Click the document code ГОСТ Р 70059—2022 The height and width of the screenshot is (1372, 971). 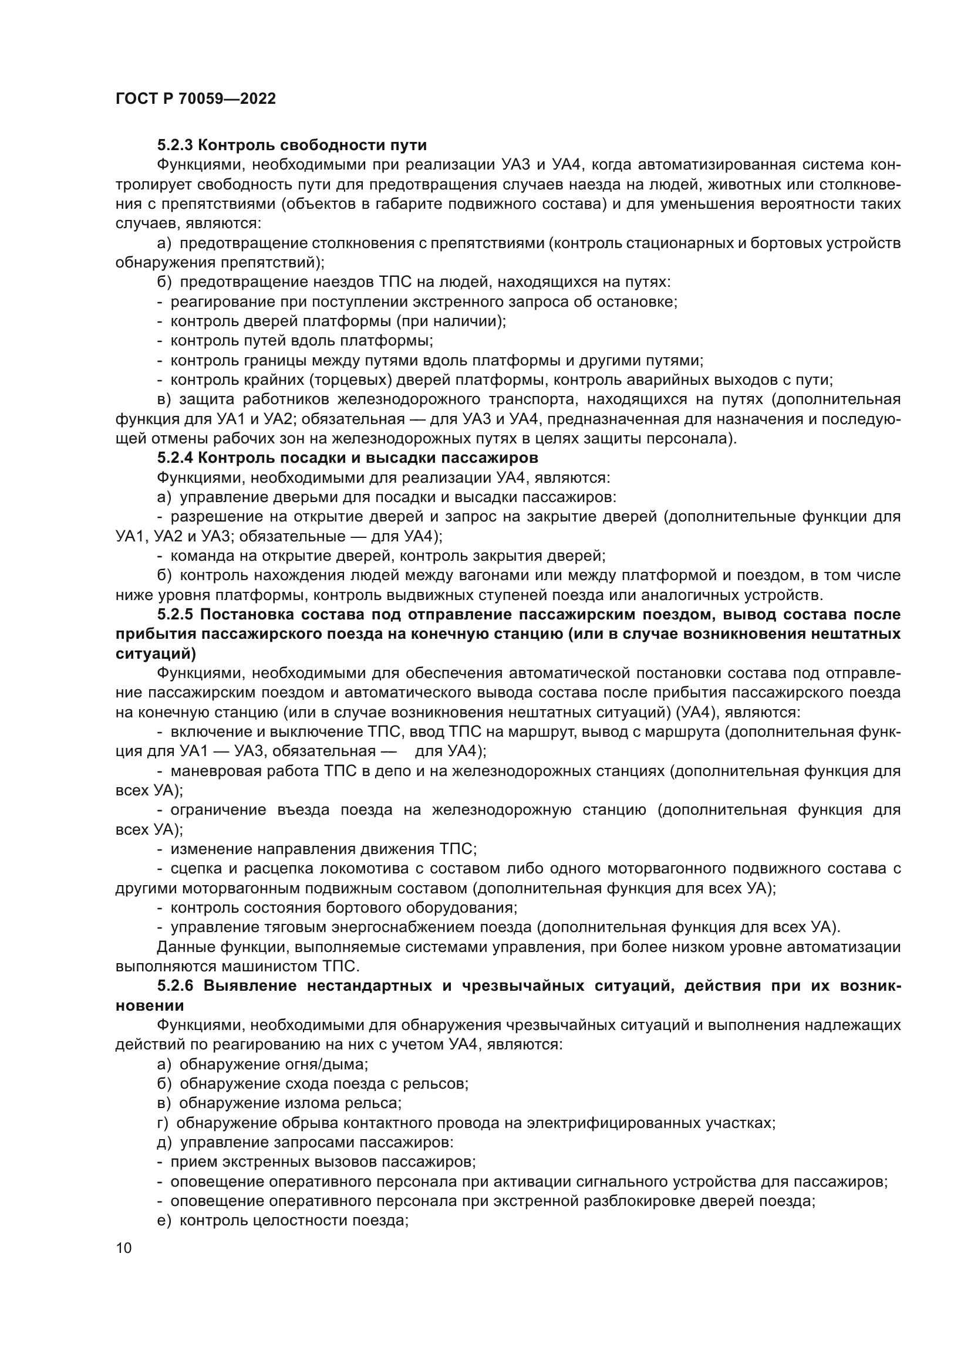[x=195, y=99]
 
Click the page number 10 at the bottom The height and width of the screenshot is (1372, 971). [x=124, y=1248]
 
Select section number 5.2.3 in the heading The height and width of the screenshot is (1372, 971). [x=175, y=145]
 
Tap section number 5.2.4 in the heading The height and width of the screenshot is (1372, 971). [x=175, y=458]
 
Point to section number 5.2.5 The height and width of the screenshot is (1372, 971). [x=175, y=615]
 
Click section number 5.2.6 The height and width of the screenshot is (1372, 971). [x=175, y=986]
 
